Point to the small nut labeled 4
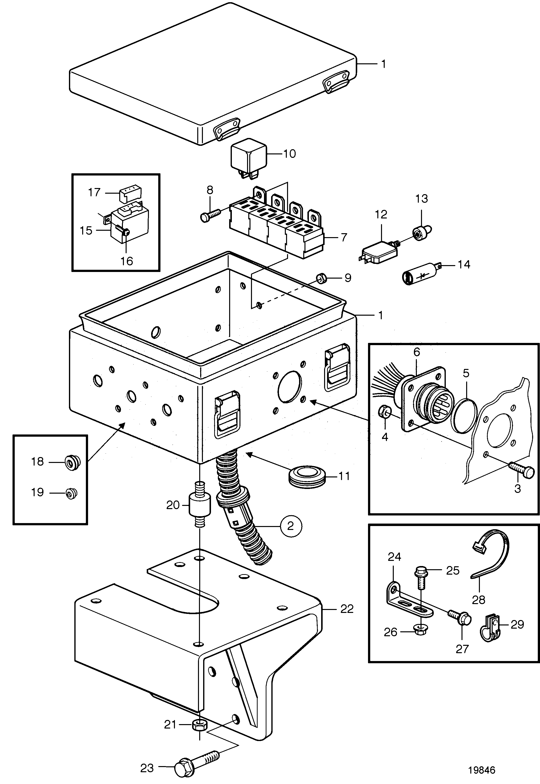coord(385,412)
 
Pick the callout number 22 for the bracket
coord(347,609)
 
